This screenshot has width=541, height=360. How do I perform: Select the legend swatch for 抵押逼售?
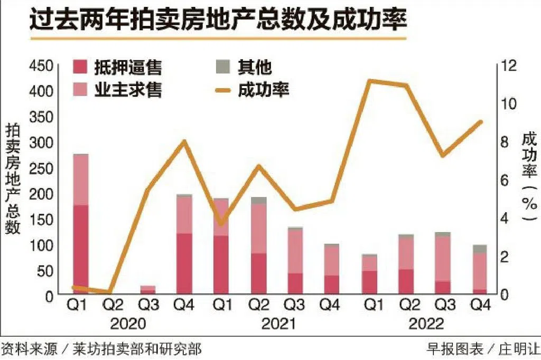pyautogui.click(x=81, y=67)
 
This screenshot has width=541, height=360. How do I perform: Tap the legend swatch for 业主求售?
pyautogui.click(x=81, y=89)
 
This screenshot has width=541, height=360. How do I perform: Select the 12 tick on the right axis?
pyautogui.click(x=508, y=66)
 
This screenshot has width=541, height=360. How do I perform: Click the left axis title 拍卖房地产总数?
pyautogui.click(x=13, y=179)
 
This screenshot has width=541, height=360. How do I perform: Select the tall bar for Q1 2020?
pyautogui.click(x=80, y=222)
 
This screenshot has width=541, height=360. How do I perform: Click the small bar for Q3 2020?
pyautogui.click(x=148, y=289)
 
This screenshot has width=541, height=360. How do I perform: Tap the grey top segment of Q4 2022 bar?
pyautogui.click(x=480, y=249)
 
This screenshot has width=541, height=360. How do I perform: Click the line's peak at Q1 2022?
pyautogui.click(x=370, y=81)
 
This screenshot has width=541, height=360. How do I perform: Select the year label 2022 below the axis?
pyautogui.click(x=426, y=323)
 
